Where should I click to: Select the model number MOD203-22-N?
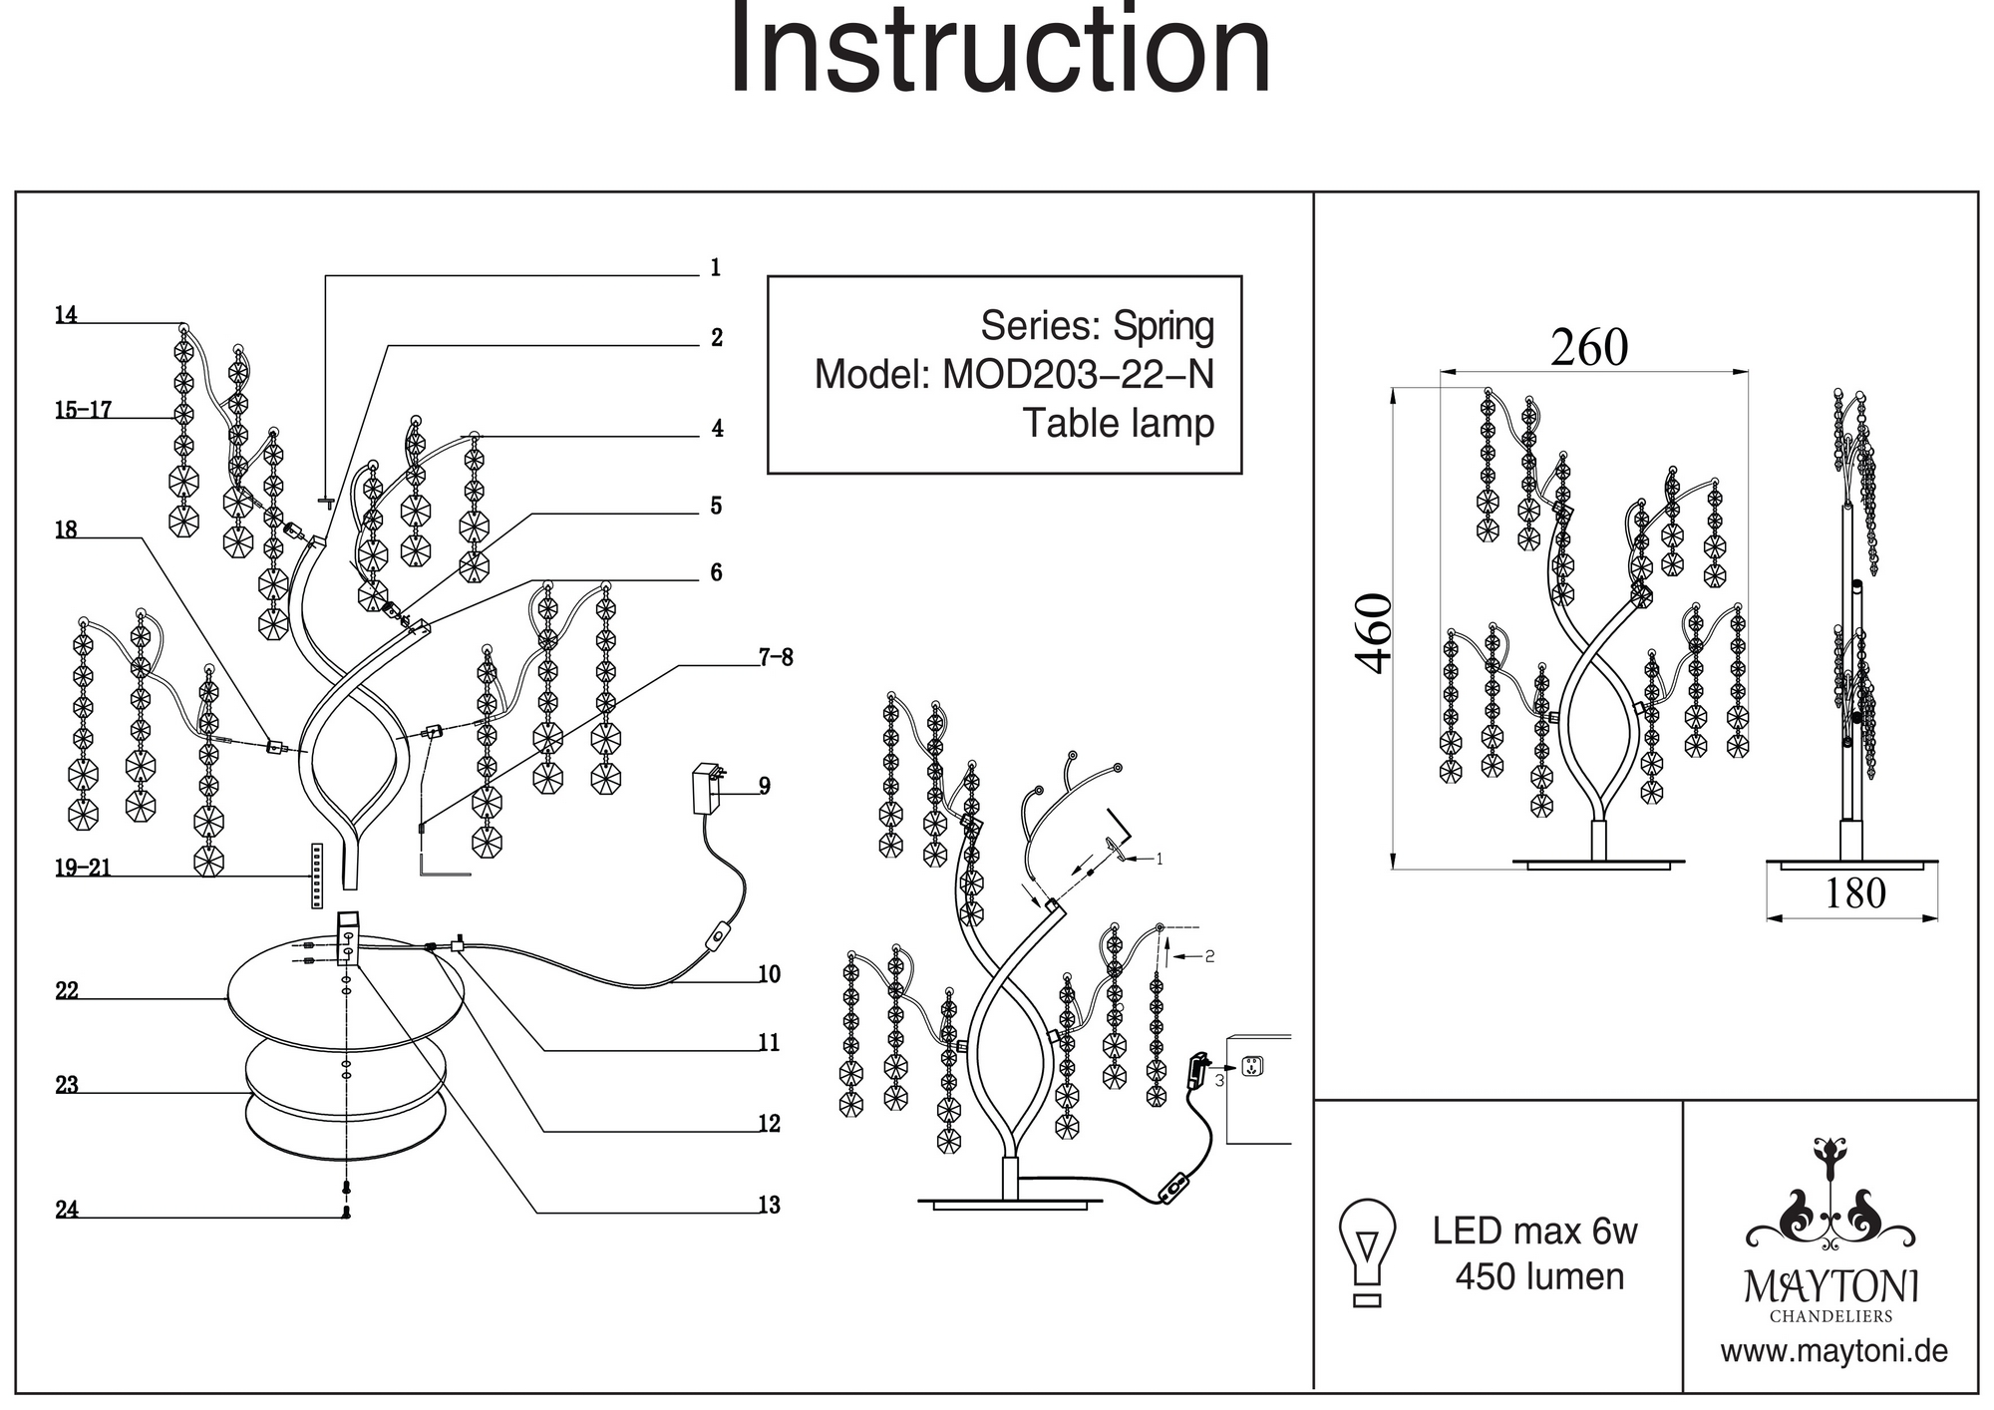tap(1078, 375)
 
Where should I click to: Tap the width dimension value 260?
tap(1589, 348)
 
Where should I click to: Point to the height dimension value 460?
tap(1375, 633)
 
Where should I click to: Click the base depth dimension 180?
tap(1854, 893)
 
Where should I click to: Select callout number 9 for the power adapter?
tap(765, 787)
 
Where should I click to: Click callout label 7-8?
tap(776, 657)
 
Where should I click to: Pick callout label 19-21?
tap(83, 869)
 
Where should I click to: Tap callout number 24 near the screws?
tap(67, 1210)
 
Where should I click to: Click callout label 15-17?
tap(84, 410)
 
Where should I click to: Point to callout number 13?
tap(769, 1206)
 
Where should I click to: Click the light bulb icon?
tap(1368, 1252)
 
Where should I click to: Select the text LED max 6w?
tap(1534, 1232)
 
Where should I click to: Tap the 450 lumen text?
tap(1539, 1277)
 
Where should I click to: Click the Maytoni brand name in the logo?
tap(1830, 1287)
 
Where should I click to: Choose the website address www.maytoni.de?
tap(1833, 1352)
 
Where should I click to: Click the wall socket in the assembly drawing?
tap(1252, 1068)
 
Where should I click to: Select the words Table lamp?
tap(1118, 424)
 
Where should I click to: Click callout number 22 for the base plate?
tap(67, 991)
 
